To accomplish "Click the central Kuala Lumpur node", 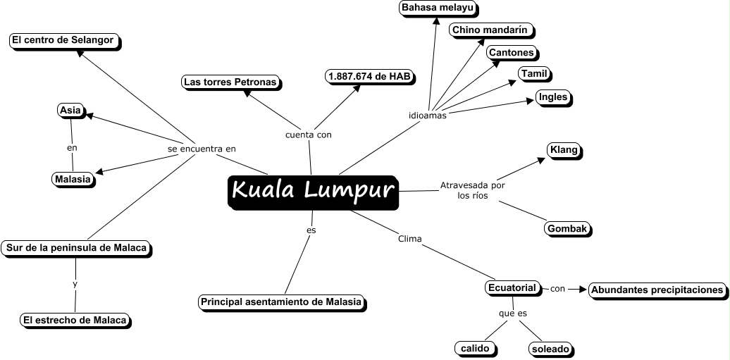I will coord(313,191).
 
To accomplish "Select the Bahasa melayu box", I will coord(438,8).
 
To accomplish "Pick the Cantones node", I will coord(512,52).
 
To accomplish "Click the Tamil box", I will coord(534,74).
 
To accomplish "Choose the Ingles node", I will coord(552,97).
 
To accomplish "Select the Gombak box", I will coord(567,228).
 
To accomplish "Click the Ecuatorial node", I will coord(513,287).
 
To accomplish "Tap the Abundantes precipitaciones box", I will coord(657,289).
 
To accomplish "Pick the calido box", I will coord(475,348).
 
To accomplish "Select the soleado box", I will coord(550,348).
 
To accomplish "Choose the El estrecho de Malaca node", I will coord(75,320).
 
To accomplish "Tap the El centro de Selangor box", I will coord(63,40).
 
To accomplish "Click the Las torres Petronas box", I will coord(230,82).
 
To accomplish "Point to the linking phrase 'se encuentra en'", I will coord(202,149).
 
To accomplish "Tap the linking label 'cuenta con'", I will coord(308,134).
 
